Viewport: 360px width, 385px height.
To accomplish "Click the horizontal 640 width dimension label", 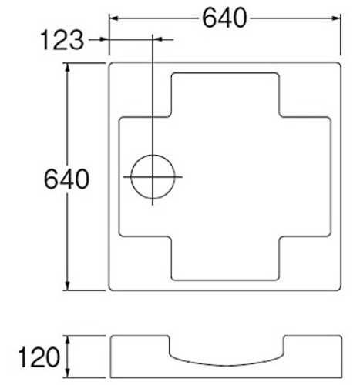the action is point(224,18).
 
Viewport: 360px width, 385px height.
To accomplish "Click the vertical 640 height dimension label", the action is point(66,179).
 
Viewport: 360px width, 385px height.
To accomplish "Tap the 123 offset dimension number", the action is point(62,40).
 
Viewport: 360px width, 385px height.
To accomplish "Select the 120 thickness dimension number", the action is point(39,357).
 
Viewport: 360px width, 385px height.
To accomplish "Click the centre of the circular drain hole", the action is point(153,176).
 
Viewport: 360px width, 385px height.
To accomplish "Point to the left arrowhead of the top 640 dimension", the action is point(113,18).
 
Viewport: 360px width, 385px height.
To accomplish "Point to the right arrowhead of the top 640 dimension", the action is point(336,18).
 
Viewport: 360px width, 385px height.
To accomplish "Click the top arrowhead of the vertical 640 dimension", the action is point(68,68).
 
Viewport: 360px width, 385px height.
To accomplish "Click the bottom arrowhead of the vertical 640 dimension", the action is point(68,286).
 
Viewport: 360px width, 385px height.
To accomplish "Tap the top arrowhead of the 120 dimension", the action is point(68,340).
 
